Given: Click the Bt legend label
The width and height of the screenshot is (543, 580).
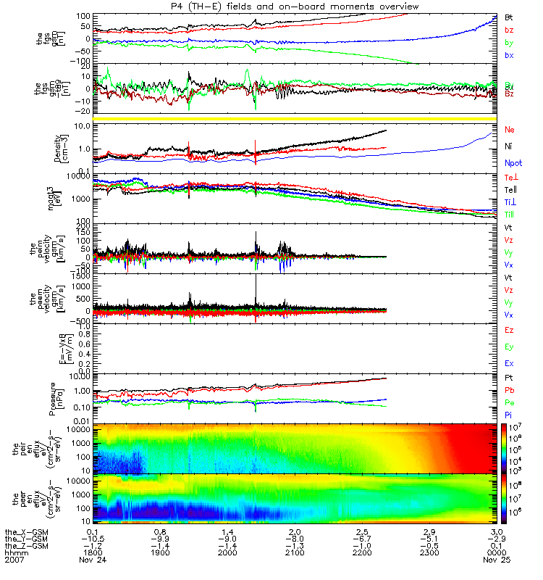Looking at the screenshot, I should tap(509, 16).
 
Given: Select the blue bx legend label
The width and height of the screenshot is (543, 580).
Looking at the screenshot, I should tap(509, 55).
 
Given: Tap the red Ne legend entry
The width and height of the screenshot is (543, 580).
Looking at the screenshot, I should tap(510, 129).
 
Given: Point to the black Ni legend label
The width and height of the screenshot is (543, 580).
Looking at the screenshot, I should tap(509, 146).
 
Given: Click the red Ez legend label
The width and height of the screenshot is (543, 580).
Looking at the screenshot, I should tap(509, 330).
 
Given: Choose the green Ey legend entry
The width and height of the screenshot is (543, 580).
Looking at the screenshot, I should tap(509, 347).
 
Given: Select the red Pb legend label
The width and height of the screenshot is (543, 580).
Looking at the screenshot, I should tap(509, 391).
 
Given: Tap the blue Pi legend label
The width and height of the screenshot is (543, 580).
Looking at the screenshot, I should tap(509, 414).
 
